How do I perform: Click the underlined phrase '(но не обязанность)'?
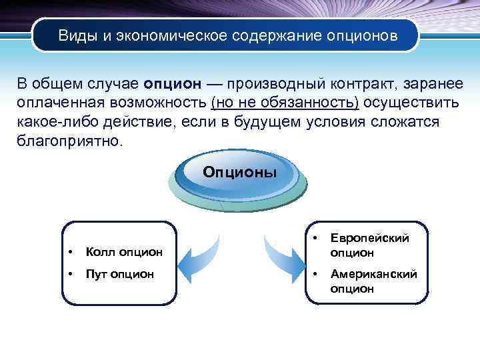click(285, 103)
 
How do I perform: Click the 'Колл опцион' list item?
click(124, 251)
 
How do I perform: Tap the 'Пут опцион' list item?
click(119, 273)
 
